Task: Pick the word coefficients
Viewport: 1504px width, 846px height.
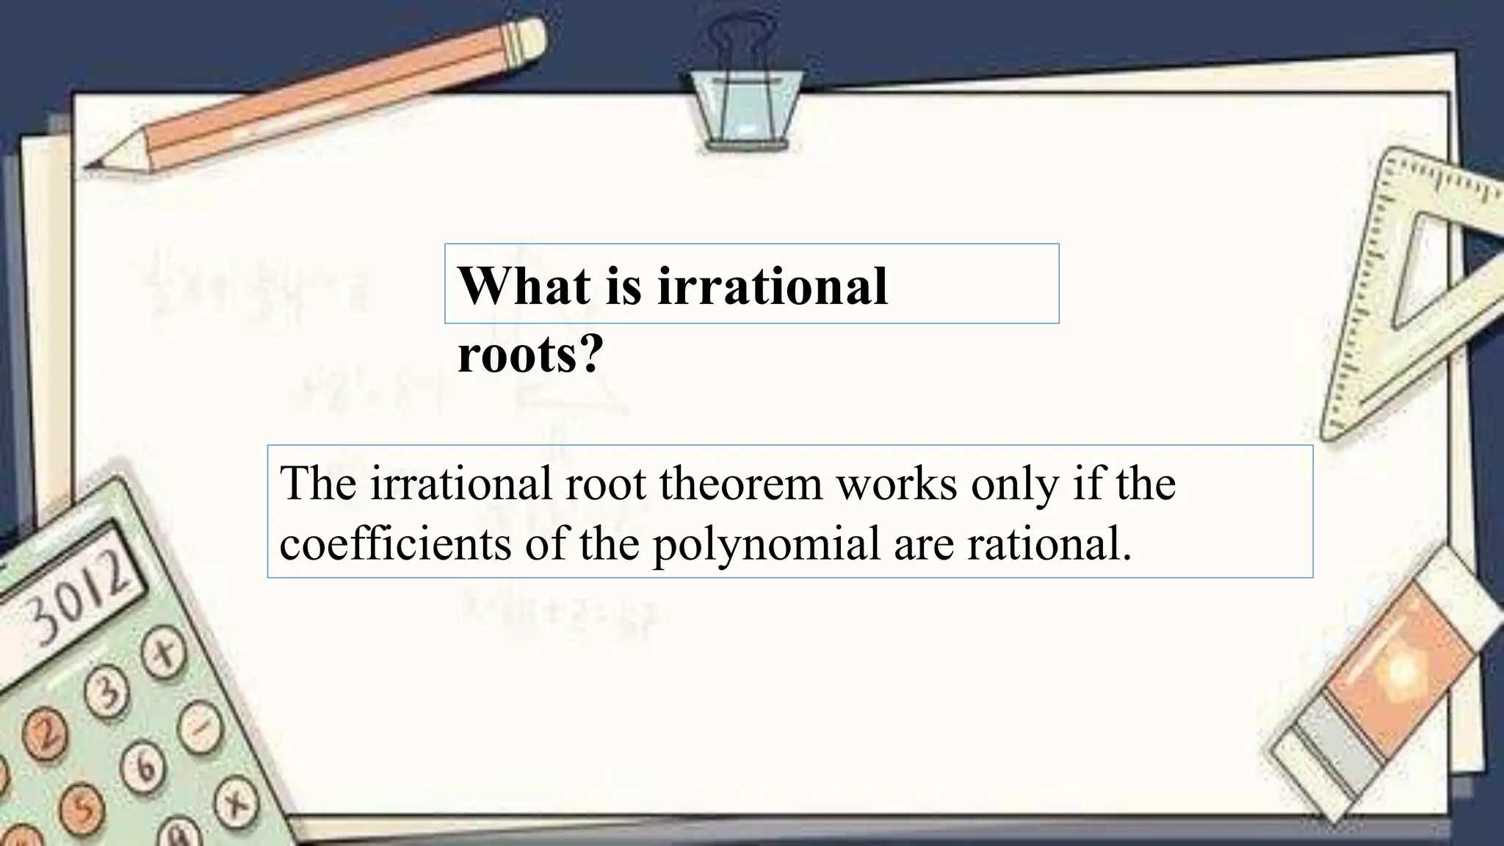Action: [x=395, y=544]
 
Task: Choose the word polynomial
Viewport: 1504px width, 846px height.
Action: [x=767, y=546]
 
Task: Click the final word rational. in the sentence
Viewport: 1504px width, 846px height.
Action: [x=1049, y=544]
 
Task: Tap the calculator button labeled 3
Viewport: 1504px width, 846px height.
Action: [x=106, y=694]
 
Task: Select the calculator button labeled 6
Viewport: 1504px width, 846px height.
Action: [x=145, y=767]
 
